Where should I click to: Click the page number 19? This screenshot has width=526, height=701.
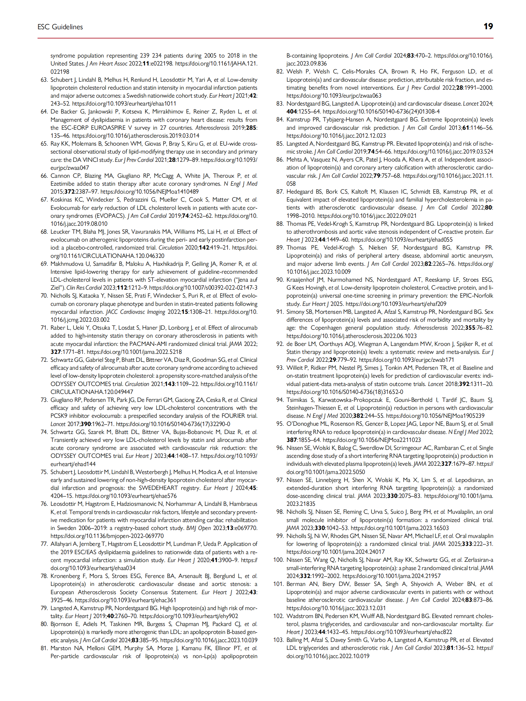coord(488,26)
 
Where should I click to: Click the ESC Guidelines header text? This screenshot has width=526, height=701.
coord(60,27)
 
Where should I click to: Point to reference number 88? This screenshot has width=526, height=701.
coord(280,224)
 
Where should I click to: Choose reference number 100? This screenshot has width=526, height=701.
coord(278,560)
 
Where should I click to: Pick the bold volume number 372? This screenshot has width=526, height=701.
coord(69,192)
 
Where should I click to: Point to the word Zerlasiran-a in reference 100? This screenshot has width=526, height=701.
coord(478,560)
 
